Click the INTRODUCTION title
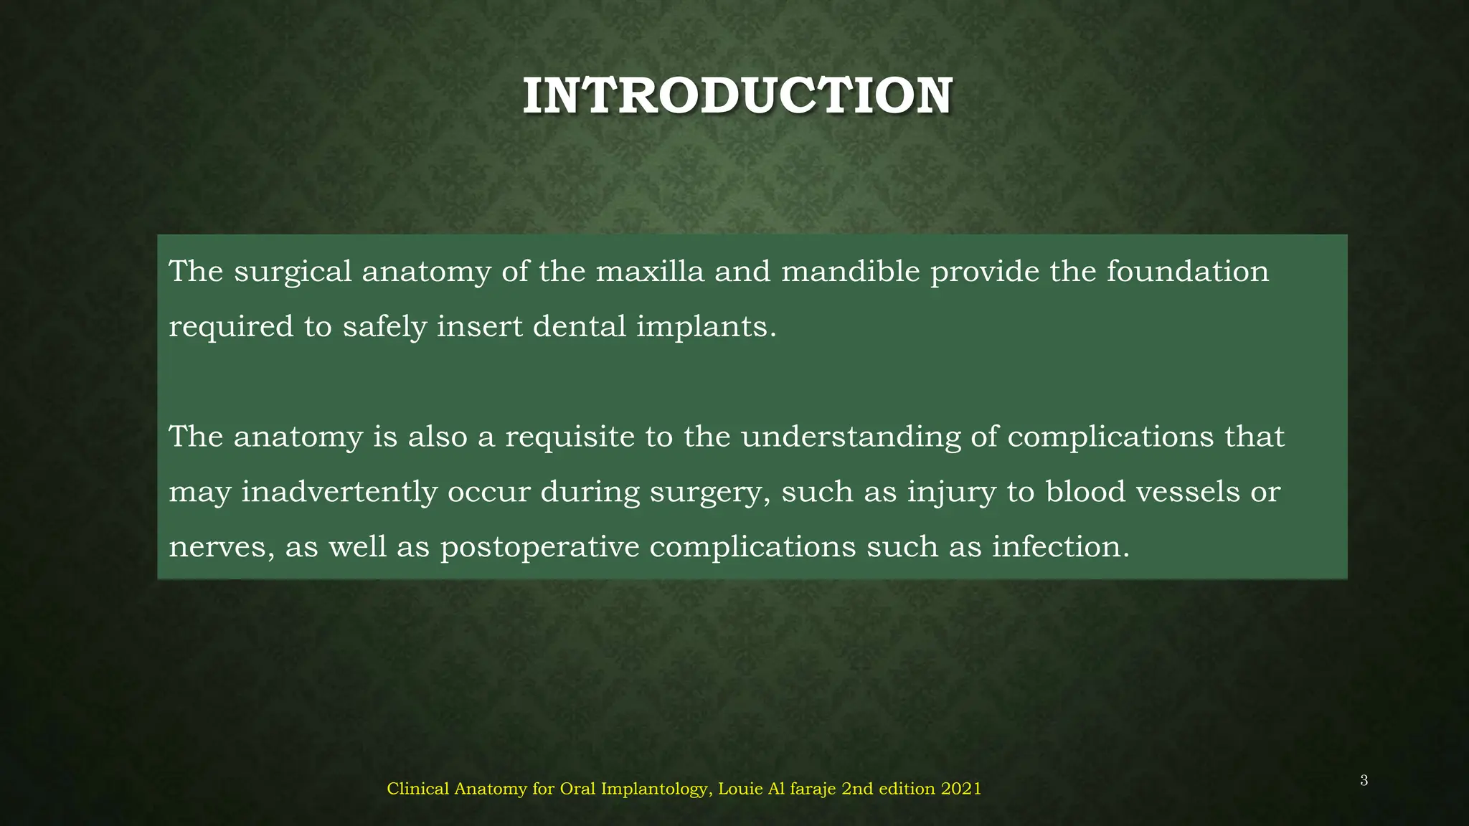[x=737, y=96]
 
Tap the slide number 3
[x=1364, y=781]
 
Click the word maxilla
[x=650, y=272]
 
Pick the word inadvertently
[x=339, y=493]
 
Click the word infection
[x=1060, y=547]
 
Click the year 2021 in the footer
[x=961, y=789]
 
